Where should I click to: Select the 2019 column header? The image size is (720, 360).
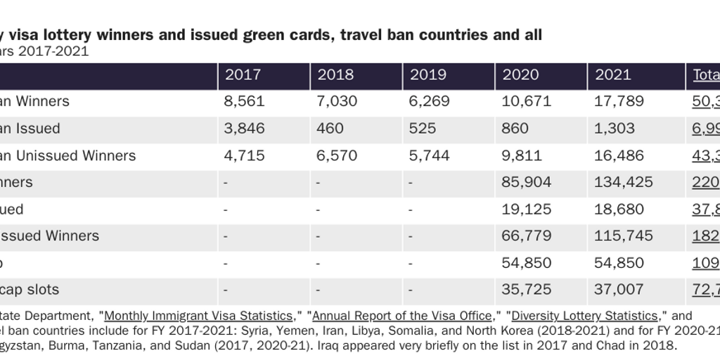click(427, 75)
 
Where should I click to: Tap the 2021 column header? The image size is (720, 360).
click(613, 75)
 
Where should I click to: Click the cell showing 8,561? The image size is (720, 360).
click(244, 101)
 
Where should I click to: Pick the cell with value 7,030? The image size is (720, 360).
click(337, 101)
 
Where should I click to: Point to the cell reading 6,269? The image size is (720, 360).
click(429, 101)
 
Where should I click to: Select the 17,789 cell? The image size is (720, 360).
click(619, 101)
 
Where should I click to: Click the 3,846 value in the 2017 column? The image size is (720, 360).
click(244, 129)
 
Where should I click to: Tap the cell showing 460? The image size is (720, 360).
click(330, 129)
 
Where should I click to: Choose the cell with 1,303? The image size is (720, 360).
click(615, 129)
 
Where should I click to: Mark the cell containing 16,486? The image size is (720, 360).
click(619, 155)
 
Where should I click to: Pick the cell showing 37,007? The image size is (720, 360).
click(619, 290)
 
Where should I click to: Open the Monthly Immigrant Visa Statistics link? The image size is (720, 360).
click(198, 316)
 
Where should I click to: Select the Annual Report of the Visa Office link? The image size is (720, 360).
click(401, 316)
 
